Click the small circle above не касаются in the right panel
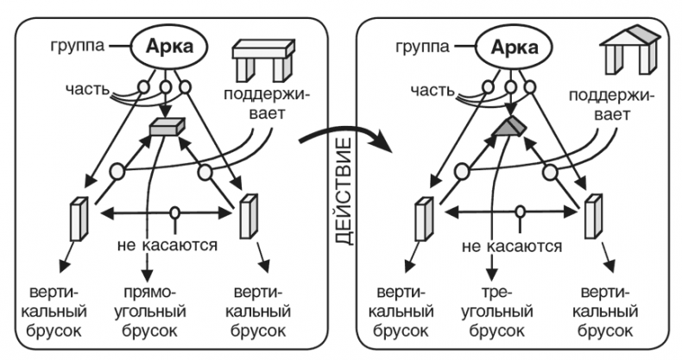519,212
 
